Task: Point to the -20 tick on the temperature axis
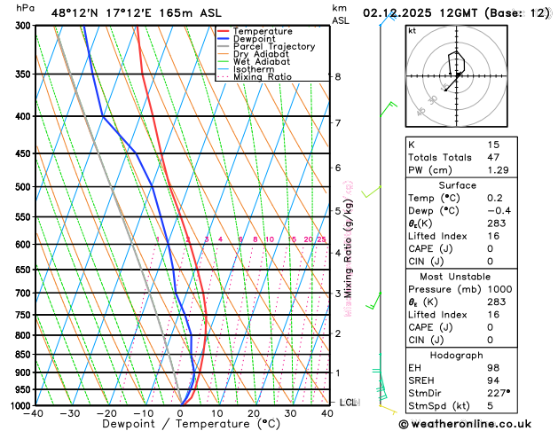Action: pyautogui.click(x=107, y=413)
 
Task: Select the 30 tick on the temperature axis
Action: pyautogui.click(x=290, y=413)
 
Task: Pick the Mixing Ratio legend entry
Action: pyautogui.click(x=263, y=77)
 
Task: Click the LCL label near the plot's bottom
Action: pyautogui.click(x=348, y=402)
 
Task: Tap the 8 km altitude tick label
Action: pyautogui.click(x=337, y=77)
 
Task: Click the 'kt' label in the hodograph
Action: pyautogui.click(x=412, y=30)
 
